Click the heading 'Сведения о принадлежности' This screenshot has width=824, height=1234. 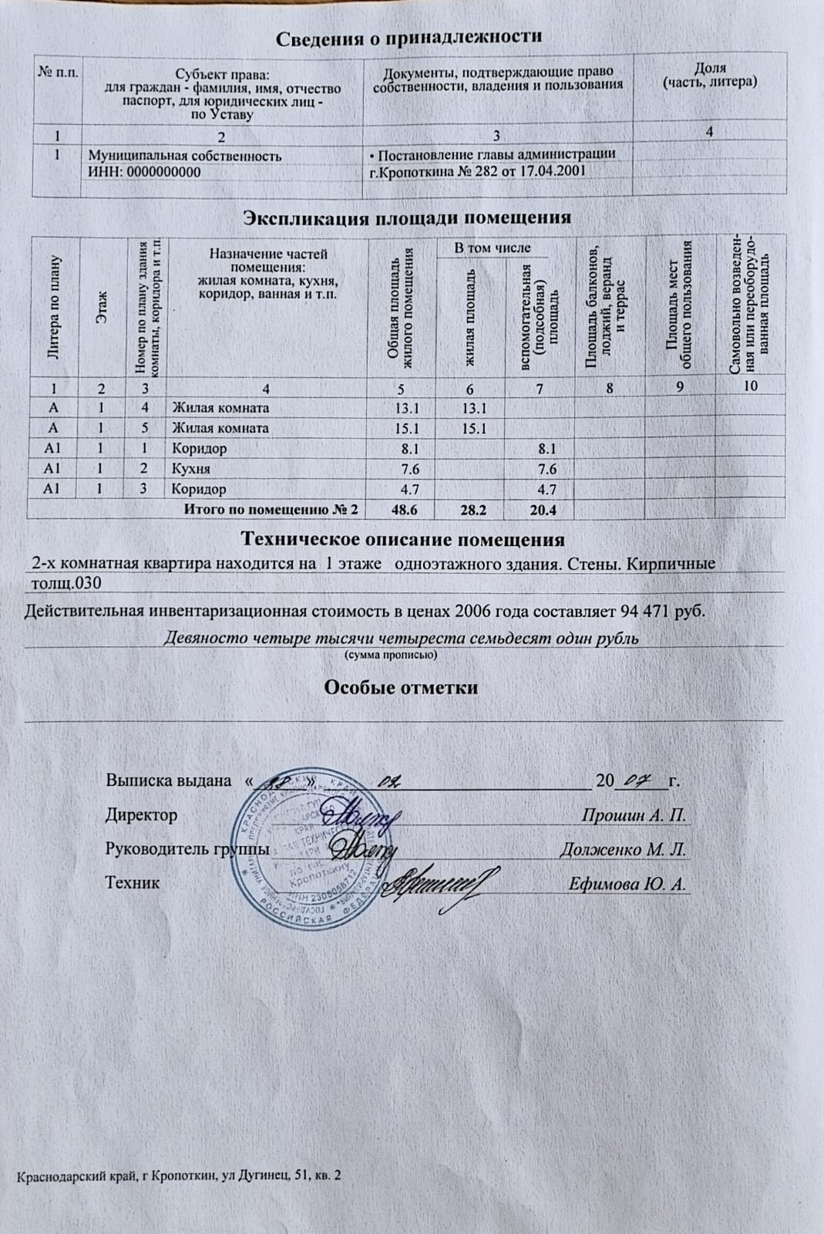[x=409, y=37]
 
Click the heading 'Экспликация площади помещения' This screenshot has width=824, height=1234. [x=407, y=217]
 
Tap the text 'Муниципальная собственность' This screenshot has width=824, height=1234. [x=185, y=156]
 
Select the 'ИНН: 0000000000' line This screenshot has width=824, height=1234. [x=145, y=172]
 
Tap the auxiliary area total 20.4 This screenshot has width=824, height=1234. [x=540, y=510]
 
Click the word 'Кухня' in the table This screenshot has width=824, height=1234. [x=190, y=469]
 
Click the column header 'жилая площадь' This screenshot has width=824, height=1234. [x=470, y=315]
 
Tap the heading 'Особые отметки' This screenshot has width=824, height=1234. [x=401, y=687]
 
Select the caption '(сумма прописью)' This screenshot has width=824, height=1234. [x=389, y=655]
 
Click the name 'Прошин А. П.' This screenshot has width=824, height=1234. [x=634, y=815]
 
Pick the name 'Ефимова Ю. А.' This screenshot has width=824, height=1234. [x=627, y=884]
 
